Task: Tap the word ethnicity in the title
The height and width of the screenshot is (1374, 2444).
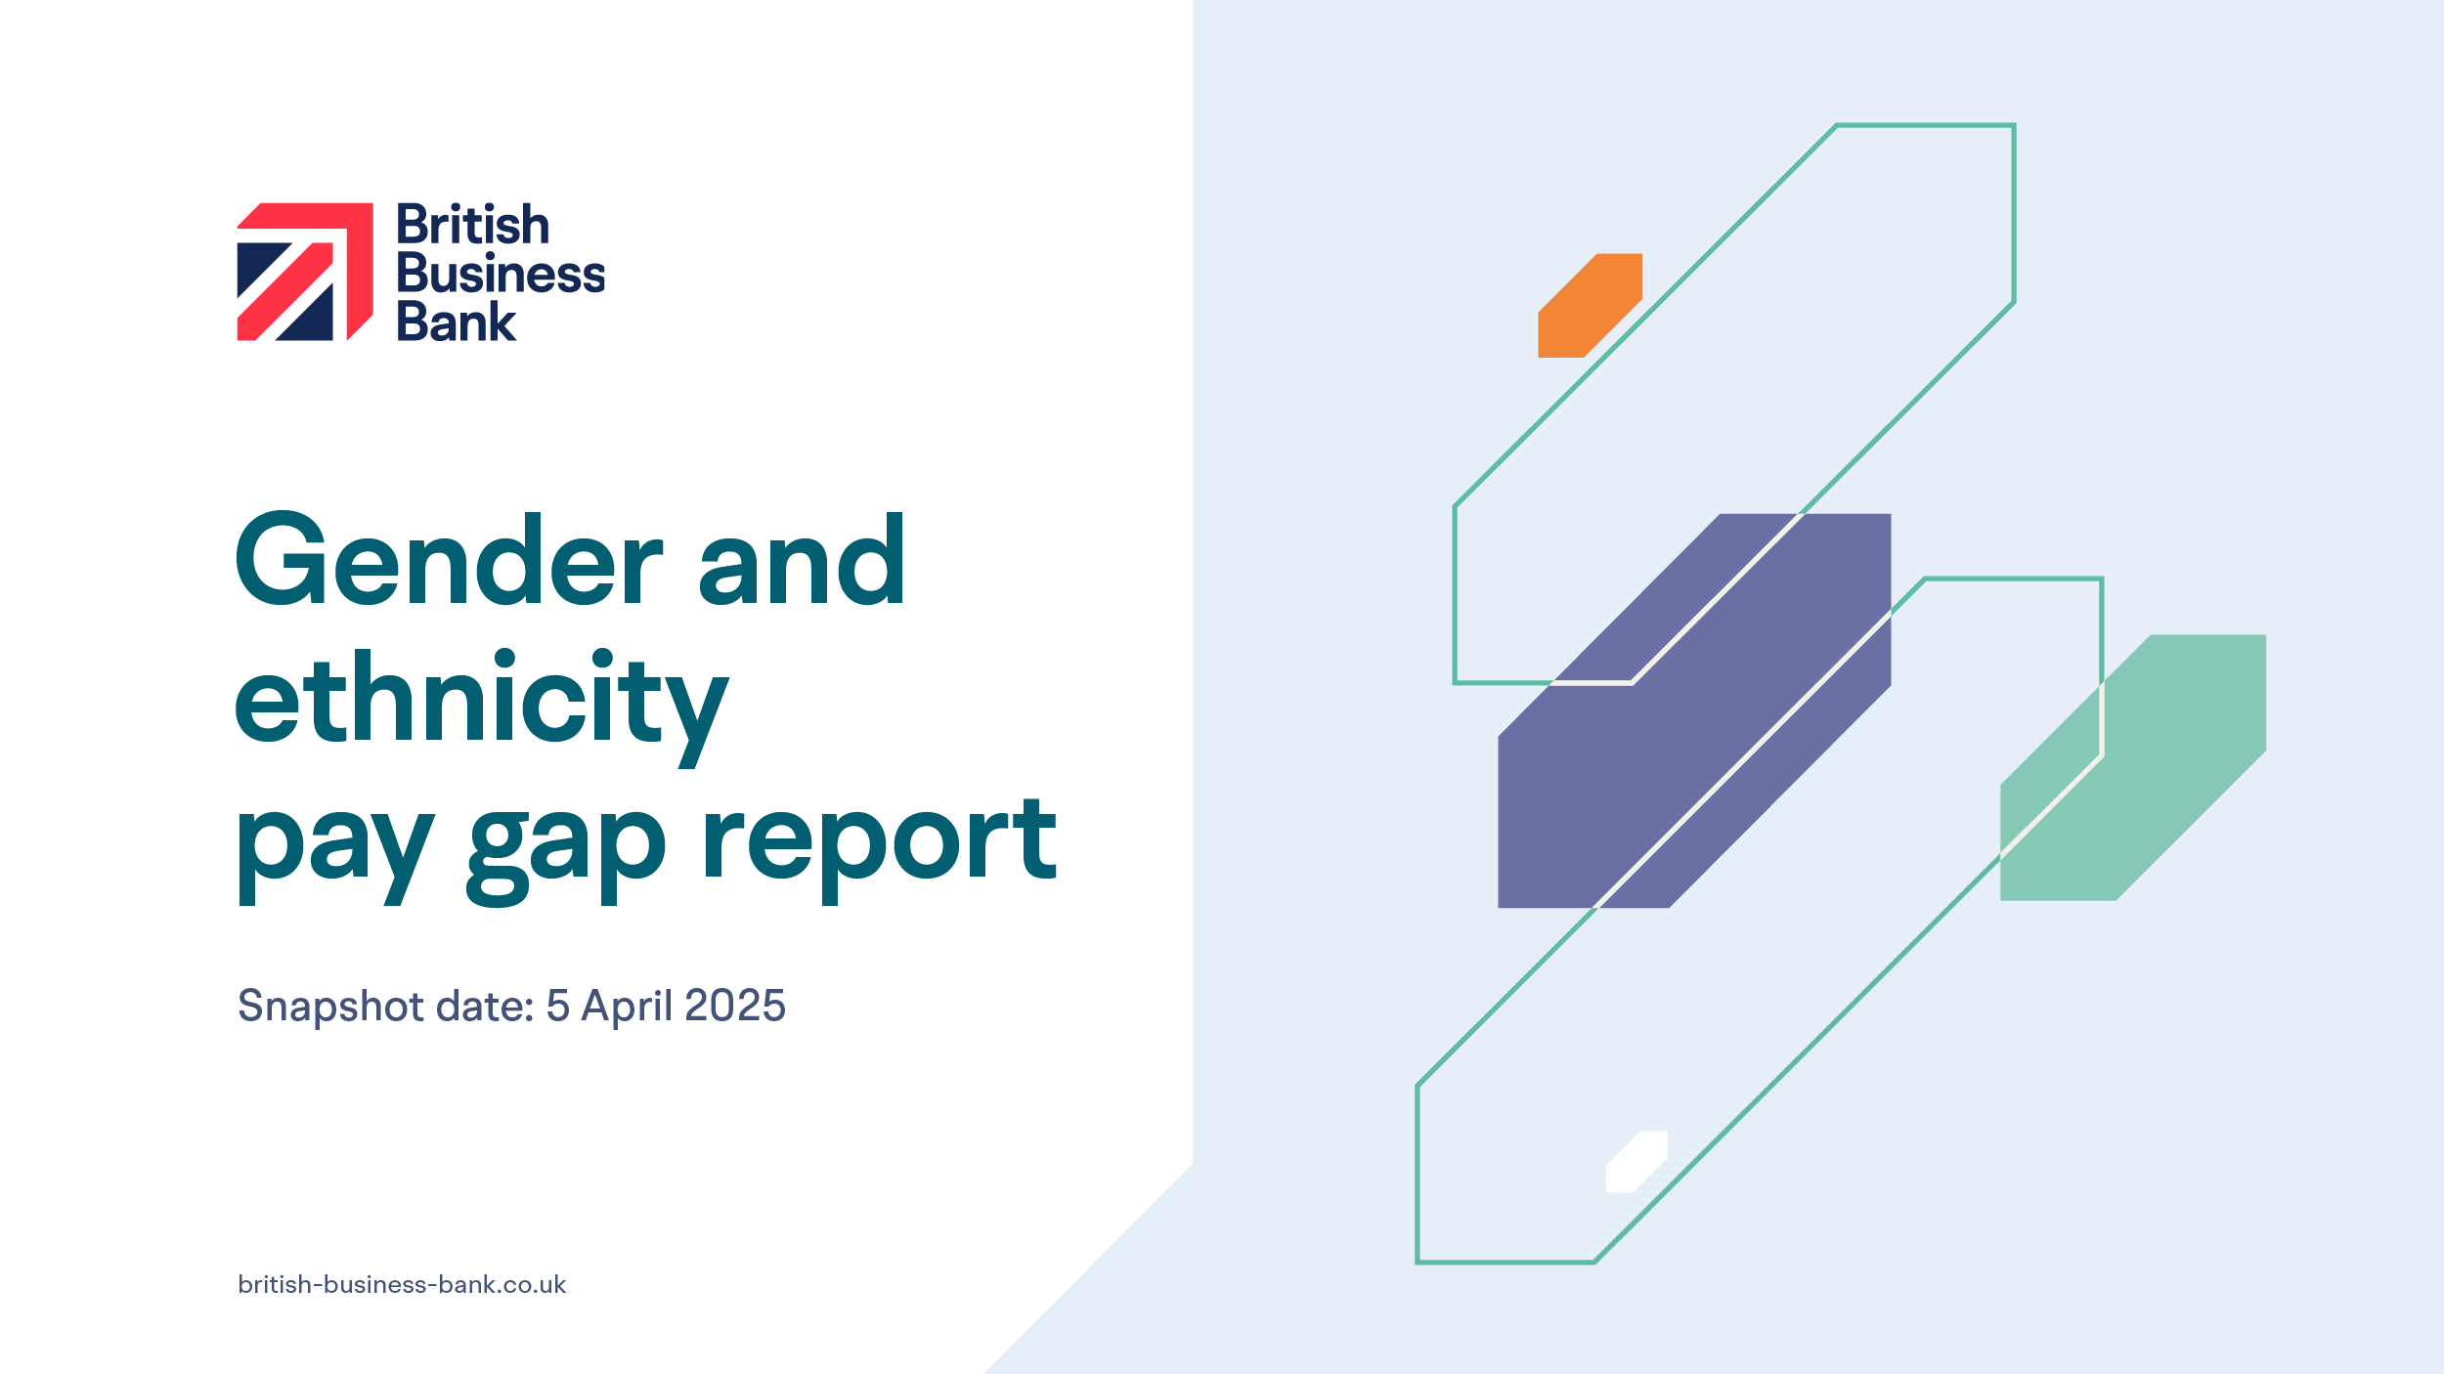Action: click(482, 708)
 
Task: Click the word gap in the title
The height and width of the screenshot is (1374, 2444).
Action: click(567, 857)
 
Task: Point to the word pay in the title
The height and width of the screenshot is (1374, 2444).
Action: click(335, 857)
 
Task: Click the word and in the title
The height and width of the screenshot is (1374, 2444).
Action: click(803, 559)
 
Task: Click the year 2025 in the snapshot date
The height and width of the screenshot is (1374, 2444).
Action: click(735, 1006)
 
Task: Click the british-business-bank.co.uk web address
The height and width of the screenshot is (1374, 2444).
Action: click(402, 1285)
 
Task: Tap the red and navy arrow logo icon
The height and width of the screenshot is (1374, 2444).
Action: click(305, 272)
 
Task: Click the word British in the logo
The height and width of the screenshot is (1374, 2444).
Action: click(473, 225)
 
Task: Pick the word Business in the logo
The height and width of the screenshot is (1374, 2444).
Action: click(501, 274)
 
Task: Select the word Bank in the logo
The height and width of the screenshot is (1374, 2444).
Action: click(456, 322)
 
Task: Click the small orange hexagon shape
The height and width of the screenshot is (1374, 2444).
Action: click(1591, 306)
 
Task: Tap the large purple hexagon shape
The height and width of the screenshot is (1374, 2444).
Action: click(1694, 710)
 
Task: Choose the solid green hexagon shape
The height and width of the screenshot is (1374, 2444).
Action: click(2133, 768)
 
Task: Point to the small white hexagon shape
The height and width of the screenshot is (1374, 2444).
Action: click(1637, 1162)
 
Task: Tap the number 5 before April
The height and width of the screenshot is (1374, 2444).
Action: click(558, 1006)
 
